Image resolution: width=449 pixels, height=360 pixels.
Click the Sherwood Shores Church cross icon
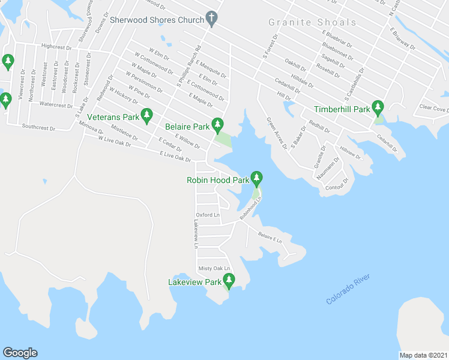click(211, 19)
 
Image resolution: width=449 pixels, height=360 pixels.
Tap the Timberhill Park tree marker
click(378, 109)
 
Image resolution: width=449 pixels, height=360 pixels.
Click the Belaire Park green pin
click(218, 125)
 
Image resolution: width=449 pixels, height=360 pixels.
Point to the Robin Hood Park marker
click(257, 178)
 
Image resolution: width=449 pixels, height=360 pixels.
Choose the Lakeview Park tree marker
click(229, 280)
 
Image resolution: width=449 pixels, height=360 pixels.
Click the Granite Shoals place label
click(312, 23)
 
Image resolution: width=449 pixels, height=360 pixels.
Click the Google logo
click(20, 353)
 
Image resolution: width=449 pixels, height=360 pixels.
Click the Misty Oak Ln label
click(214, 268)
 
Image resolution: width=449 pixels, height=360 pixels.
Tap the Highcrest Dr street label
click(56, 46)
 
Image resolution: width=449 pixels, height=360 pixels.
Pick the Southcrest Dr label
click(38, 127)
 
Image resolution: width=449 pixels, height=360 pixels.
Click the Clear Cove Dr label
click(433, 109)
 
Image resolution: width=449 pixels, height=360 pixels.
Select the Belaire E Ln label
click(270, 237)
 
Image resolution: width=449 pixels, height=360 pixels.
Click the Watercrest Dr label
click(56, 104)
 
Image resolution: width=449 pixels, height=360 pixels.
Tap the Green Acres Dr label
click(277, 130)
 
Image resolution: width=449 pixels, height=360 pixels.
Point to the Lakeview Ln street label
click(195, 234)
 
